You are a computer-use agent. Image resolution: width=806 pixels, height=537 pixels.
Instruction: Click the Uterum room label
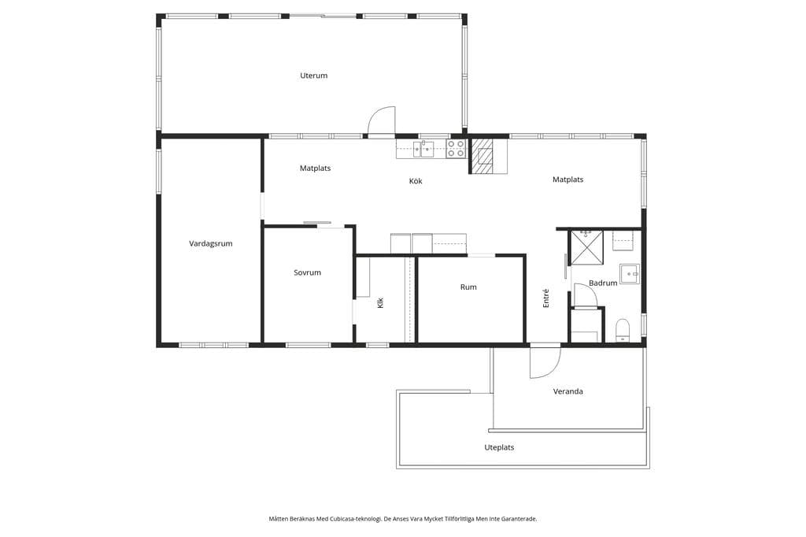point(313,76)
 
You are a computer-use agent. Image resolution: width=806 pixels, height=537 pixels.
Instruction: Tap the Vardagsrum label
point(211,244)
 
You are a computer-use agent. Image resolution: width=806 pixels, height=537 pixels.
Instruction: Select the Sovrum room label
point(308,272)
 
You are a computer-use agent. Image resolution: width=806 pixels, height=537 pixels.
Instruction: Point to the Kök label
point(416,181)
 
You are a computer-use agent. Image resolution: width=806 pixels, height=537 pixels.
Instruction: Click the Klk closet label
point(380,303)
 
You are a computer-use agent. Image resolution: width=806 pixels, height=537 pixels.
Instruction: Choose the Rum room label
point(468,287)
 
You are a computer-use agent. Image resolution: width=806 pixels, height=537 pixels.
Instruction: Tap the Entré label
point(546,298)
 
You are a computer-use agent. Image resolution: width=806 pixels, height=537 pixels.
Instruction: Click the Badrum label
point(603,283)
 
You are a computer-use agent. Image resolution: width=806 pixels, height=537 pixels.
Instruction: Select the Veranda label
point(568,391)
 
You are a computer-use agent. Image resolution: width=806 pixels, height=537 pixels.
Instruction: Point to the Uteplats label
point(499,447)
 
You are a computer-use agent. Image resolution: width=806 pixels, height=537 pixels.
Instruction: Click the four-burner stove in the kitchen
point(456,149)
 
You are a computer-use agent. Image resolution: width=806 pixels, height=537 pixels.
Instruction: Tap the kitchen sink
point(423,149)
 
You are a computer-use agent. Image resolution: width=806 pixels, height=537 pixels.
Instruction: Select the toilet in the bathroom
point(623,330)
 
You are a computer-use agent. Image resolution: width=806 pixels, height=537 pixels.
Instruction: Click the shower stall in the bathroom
point(587,247)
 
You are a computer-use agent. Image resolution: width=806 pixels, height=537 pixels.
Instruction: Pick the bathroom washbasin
point(629,274)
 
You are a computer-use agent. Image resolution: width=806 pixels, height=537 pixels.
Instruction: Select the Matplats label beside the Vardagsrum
point(315,169)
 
